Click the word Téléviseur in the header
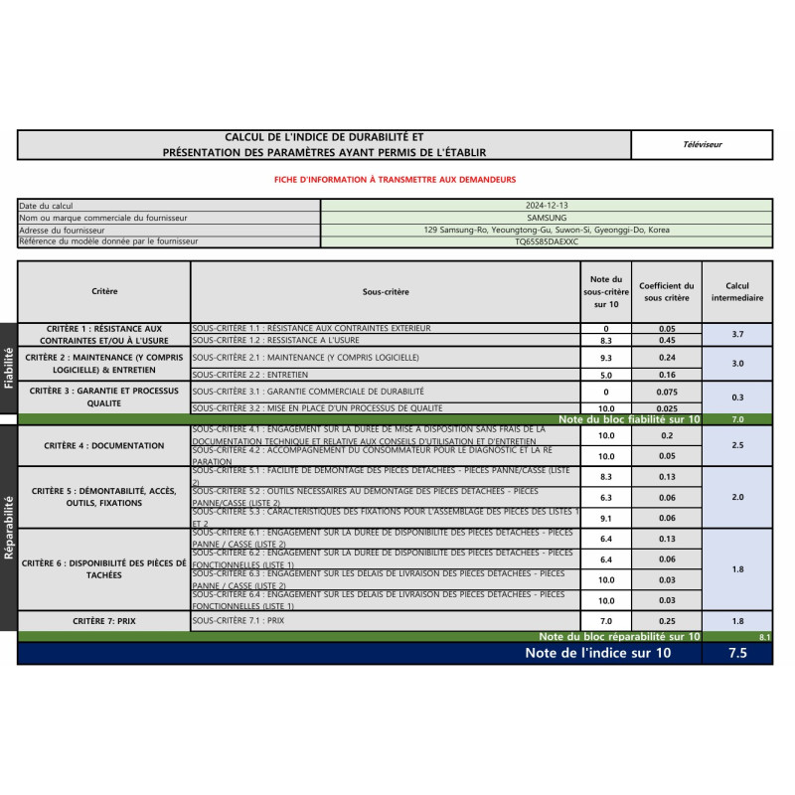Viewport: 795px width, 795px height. pyautogui.click(x=703, y=145)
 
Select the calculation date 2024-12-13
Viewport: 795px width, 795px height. pyautogui.click(x=547, y=206)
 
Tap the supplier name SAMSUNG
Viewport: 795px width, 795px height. pyautogui.click(x=547, y=218)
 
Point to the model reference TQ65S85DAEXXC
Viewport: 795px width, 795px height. pyautogui.click(x=547, y=241)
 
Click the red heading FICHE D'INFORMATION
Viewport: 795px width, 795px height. pyautogui.click(x=395, y=180)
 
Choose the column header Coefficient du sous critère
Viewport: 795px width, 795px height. pyautogui.click(x=666, y=291)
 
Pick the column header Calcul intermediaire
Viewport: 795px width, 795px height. pyautogui.click(x=737, y=291)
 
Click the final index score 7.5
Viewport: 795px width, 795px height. pyautogui.click(x=736, y=654)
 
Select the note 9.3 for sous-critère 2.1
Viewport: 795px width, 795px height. pyautogui.click(x=606, y=358)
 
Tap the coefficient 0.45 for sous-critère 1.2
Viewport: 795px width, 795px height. pyautogui.click(x=666, y=341)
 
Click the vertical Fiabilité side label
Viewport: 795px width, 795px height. pyautogui.click(x=9, y=366)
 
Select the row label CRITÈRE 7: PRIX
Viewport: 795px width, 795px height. pyautogui.click(x=104, y=621)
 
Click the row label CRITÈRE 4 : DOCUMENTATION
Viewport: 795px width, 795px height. pyautogui.click(x=104, y=446)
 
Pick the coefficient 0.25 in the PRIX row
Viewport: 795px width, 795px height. pyautogui.click(x=666, y=621)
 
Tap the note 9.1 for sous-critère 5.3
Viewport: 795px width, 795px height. pyautogui.click(x=606, y=518)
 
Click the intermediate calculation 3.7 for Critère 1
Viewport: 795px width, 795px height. pyautogui.click(x=737, y=335)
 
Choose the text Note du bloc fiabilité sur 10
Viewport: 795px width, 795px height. pyautogui.click(x=629, y=420)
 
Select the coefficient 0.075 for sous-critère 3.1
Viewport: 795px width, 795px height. pyautogui.click(x=666, y=393)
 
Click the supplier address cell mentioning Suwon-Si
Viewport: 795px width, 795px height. pyautogui.click(x=547, y=230)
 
